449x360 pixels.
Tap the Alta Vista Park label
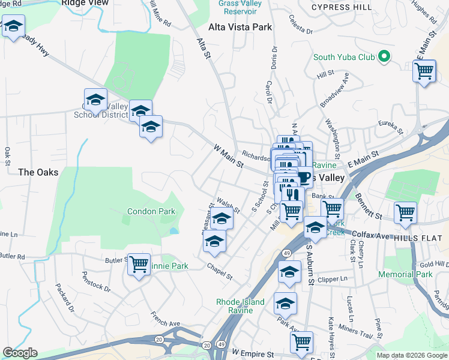(x=240, y=27)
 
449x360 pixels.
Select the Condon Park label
(x=151, y=211)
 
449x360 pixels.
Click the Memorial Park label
(x=405, y=274)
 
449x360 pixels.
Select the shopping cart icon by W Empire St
(x=301, y=341)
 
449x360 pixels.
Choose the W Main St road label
(x=229, y=155)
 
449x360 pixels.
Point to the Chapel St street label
(x=219, y=272)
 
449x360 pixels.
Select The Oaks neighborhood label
(x=38, y=172)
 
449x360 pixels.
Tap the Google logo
(x=20, y=353)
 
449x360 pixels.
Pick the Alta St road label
(x=205, y=49)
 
